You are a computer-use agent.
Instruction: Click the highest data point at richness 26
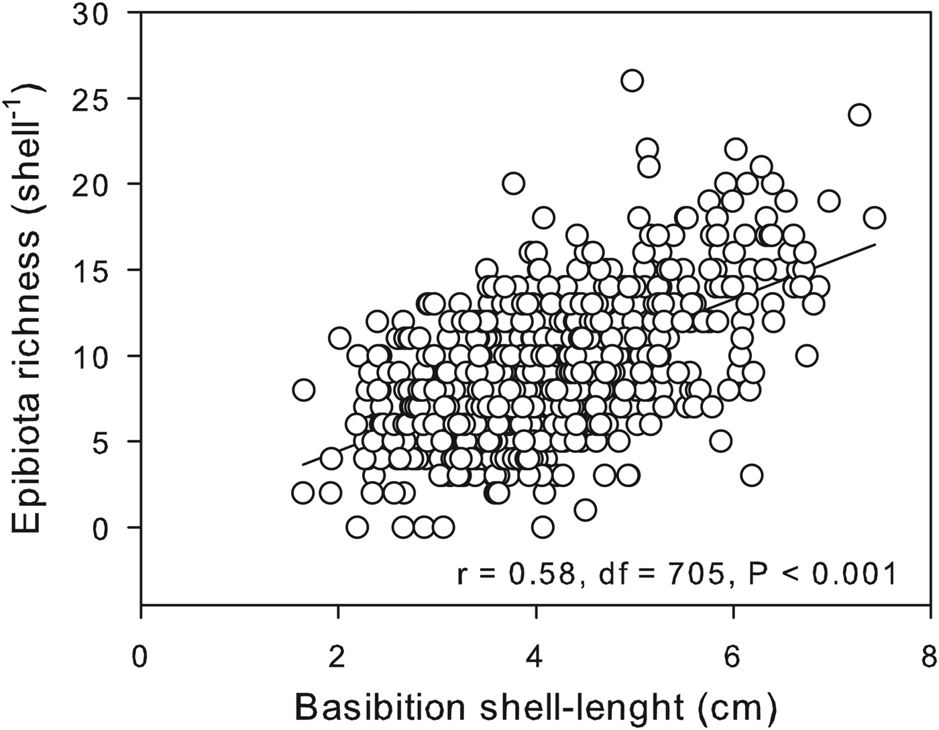click(x=632, y=81)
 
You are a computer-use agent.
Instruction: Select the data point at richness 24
click(x=859, y=115)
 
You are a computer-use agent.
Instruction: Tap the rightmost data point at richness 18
click(x=875, y=217)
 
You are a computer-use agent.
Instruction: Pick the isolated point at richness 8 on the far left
click(x=303, y=389)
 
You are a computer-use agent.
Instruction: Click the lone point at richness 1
click(x=585, y=509)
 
